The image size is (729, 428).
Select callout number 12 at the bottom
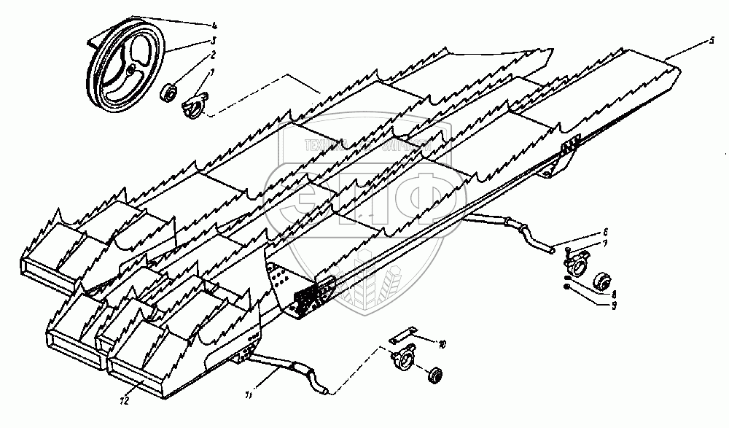(x=125, y=400)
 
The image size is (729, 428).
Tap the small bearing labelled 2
(x=169, y=93)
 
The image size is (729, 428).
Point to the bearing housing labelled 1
(x=194, y=104)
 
